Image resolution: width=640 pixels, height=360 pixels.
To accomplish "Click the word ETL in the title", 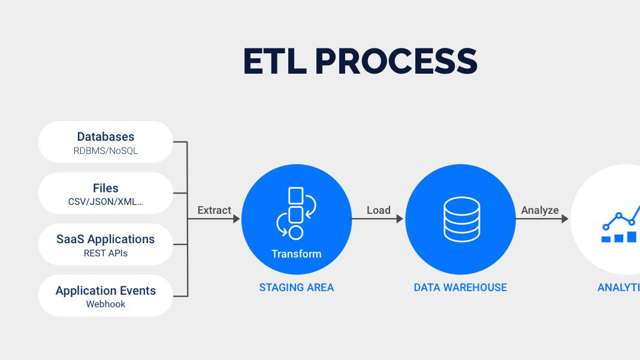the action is click(274, 61).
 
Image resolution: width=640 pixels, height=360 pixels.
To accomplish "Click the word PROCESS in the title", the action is click(396, 61).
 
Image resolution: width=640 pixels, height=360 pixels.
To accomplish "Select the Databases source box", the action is click(105, 142).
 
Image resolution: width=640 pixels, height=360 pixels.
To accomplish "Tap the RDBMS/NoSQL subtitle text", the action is click(105, 150).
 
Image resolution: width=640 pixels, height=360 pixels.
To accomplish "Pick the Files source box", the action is click(105, 193).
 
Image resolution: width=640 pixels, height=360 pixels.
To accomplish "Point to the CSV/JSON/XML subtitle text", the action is click(105, 202).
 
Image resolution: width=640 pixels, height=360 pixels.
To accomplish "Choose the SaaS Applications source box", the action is click(105, 244).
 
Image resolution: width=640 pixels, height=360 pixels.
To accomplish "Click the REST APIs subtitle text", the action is click(105, 253).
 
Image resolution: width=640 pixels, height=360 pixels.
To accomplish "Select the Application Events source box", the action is click(105, 295).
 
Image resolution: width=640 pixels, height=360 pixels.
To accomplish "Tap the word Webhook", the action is click(105, 304).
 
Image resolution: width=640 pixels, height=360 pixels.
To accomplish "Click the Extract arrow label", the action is click(215, 210).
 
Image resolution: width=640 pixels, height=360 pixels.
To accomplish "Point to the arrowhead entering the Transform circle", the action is click(236, 219).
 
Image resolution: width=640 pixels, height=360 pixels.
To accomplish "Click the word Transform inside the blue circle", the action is click(296, 254).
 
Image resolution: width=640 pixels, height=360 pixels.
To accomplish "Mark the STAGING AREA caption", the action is click(296, 288).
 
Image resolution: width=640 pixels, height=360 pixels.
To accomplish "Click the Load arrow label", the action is click(378, 210).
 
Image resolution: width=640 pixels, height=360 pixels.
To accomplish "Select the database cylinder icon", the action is click(461, 219).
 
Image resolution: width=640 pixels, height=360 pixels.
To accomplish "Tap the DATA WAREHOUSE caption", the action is click(460, 288).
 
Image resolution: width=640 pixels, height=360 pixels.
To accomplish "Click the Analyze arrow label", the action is click(539, 210).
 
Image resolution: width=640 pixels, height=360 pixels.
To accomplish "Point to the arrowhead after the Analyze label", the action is click(565, 219).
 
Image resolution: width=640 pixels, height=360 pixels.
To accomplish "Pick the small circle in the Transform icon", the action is click(296, 232).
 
